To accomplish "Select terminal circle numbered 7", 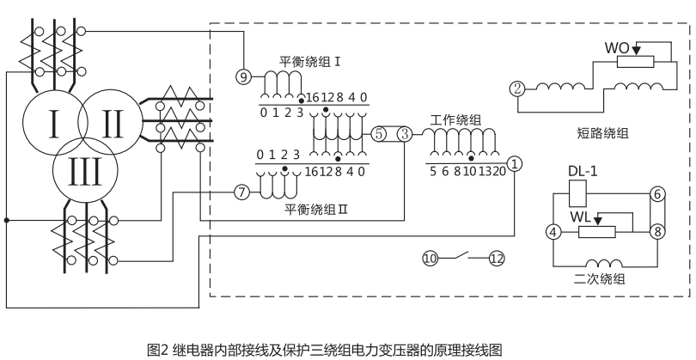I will coord(242,192).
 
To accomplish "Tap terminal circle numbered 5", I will coord(380,134).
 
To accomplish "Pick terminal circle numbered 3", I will coord(405,134).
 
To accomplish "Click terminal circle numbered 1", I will coord(514,162).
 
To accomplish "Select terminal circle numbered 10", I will coord(430,256).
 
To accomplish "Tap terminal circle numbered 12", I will coord(497,256).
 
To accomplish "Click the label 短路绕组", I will coord(601,132).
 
